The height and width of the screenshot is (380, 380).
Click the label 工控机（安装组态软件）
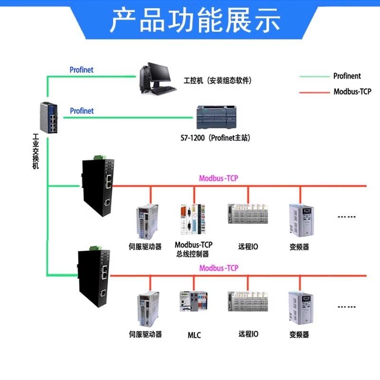click(218, 80)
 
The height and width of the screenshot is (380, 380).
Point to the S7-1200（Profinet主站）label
click(215, 138)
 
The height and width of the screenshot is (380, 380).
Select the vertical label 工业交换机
click(36, 152)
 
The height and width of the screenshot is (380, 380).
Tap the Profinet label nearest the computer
click(82, 70)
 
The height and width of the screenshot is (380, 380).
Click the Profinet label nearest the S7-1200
click(82, 111)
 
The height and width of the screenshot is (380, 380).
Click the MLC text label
click(194, 335)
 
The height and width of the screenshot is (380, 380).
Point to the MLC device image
click(193, 302)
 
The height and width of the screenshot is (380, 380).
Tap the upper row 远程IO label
click(248, 247)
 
